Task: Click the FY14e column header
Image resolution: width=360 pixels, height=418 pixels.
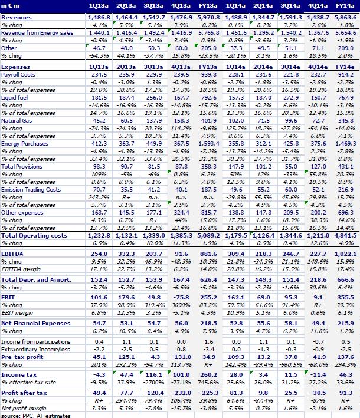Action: (345, 5)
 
